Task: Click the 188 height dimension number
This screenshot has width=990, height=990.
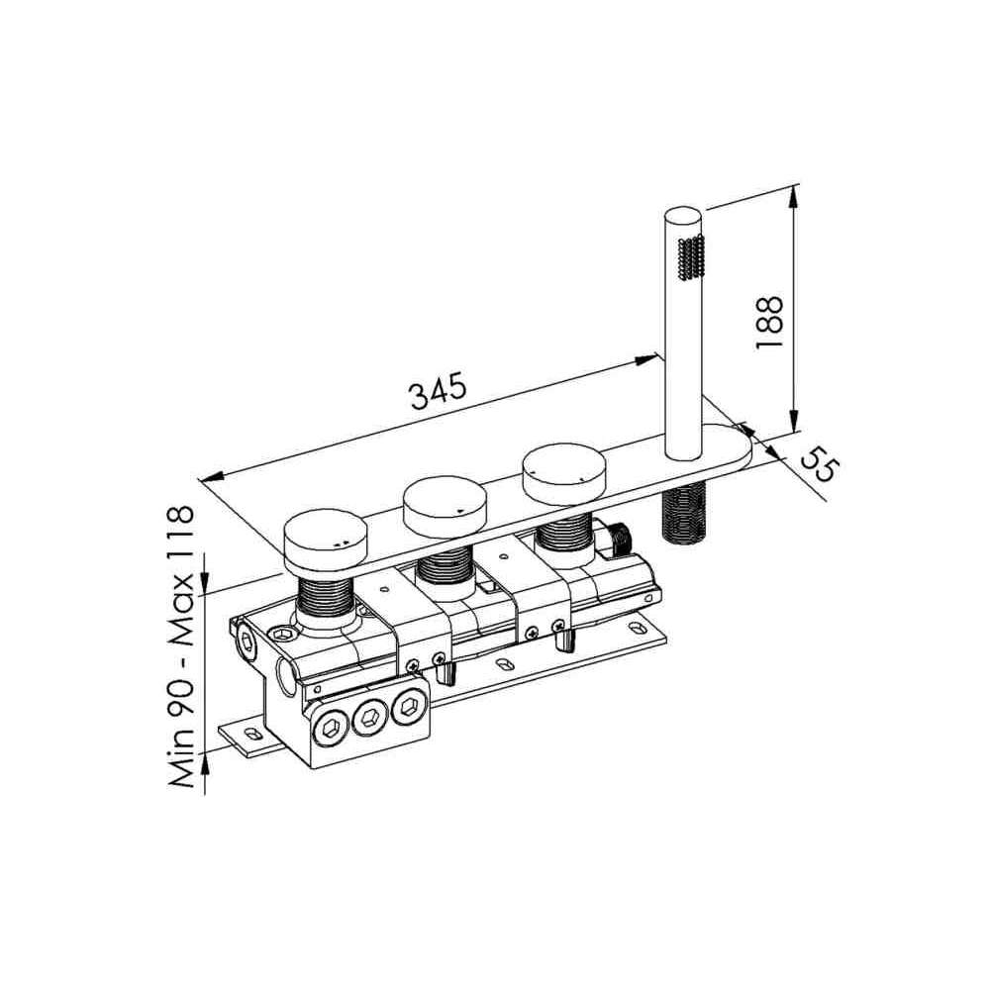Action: click(x=769, y=322)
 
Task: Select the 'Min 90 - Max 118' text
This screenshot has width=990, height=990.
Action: click(x=181, y=646)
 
